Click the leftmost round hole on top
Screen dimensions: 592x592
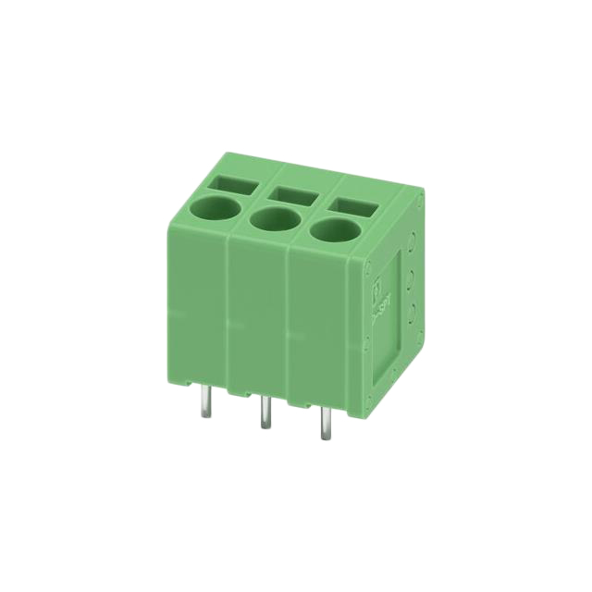click(215, 207)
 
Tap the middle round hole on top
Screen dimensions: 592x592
click(272, 220)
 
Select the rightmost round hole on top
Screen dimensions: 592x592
click(331, 230)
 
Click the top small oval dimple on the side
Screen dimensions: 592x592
click(413, 248)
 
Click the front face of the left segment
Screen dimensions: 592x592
click(198, 305)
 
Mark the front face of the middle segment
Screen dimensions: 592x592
click(258, 319)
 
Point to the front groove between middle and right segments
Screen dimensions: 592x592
click(289, 328)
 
